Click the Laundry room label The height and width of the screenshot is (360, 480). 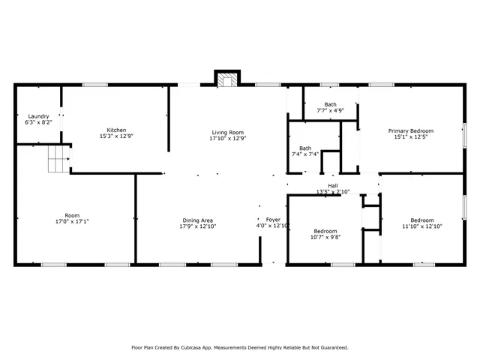38,116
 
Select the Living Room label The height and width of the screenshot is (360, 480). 227,133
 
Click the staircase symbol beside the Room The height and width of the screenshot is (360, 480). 58,159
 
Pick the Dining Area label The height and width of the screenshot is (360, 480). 197,220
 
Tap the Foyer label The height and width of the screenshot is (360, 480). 272,220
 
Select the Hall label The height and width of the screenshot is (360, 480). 332,186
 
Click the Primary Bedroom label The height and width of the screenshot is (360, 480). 415,130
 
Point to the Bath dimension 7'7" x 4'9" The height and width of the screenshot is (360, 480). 330,111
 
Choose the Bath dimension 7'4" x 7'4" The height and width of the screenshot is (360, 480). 305,154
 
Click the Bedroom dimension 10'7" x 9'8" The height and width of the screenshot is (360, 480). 325,237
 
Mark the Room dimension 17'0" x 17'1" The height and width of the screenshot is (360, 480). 72,221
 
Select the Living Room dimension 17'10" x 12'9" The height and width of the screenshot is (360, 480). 227,138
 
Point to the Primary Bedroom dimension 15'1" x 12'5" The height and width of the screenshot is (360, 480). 415,136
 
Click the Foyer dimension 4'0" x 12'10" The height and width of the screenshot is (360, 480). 273,226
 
